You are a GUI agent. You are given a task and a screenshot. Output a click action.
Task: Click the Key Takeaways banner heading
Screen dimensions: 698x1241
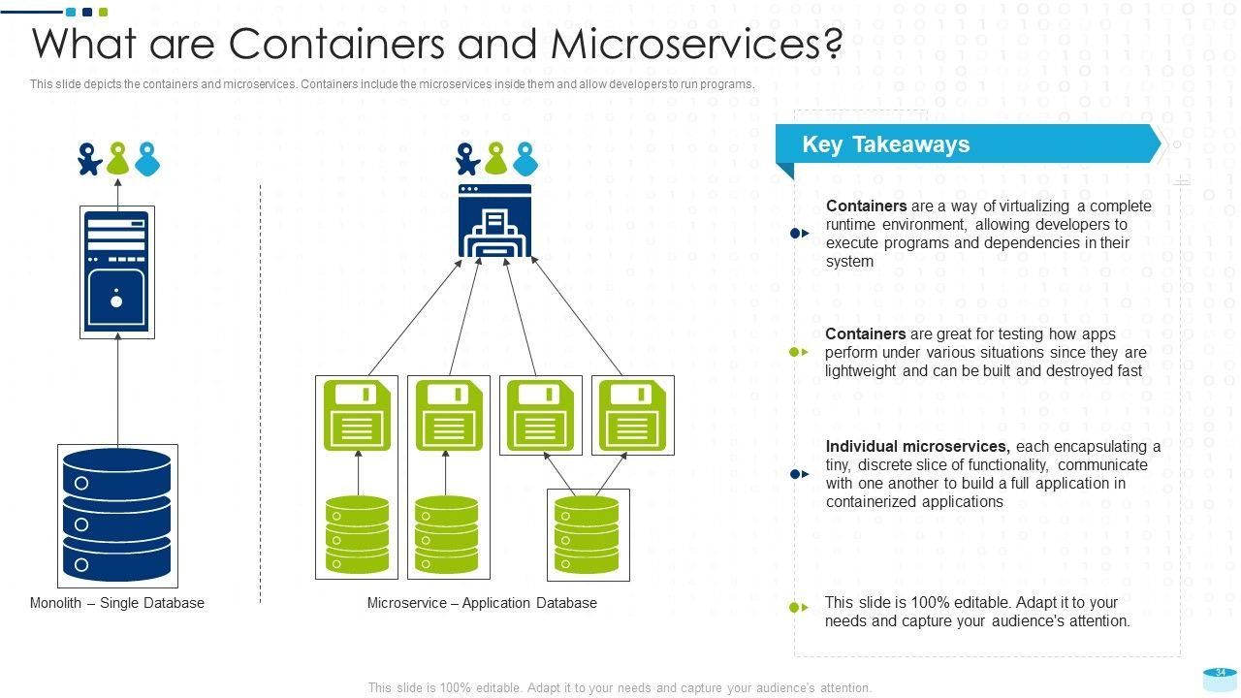pyautogui.click(x=885, y=144)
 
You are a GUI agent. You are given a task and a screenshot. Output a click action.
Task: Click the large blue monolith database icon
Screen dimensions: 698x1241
pyautogui.click(x=117, y=515)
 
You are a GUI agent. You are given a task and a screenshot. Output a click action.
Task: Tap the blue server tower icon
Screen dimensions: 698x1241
pyautogui.click(x=116, y=272)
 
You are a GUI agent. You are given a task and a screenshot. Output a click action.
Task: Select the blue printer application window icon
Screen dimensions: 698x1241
pyautogui.click(x=494, y=221)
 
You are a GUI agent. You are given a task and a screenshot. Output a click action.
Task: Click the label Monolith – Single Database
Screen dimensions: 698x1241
pyautogui.click(x=117, y=603)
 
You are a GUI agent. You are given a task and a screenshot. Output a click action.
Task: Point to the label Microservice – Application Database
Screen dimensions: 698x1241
pyautogui.click(x=482, y=603)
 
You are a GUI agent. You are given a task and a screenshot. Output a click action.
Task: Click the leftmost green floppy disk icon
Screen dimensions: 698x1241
pyautogui.click(x=357, y=416)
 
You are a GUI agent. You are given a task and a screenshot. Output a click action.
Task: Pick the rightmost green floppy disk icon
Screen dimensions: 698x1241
pyautogui.click(x=633, y=416)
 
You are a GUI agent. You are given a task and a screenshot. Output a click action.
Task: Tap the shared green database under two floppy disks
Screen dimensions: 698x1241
pyautogui.click(x=588, y=534)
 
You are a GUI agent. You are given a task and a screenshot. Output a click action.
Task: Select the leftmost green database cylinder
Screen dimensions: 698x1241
pyautogui.click(x=357, y=534)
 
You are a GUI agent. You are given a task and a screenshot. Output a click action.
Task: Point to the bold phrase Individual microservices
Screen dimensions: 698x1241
pyautogui.click(x=917, y=447)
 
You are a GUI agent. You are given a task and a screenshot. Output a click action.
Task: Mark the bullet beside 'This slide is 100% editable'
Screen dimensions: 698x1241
pyautogui.click(x=799, y=608)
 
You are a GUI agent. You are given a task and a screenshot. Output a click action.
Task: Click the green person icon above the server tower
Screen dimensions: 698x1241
pyautogui.click(x=117, y=158)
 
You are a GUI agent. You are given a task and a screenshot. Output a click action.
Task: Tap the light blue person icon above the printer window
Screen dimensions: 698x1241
pyautogui.click(x=525, y=158)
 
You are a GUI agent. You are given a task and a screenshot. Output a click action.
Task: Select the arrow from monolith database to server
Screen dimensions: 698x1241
pyautogui.click(x=117, y=388)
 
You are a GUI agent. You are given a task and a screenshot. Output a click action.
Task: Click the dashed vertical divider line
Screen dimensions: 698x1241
pyautogui.click(x=260, y=388)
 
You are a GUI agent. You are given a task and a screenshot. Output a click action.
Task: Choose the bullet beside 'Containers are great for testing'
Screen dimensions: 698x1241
pyautogui.click(x=799, y=352)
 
